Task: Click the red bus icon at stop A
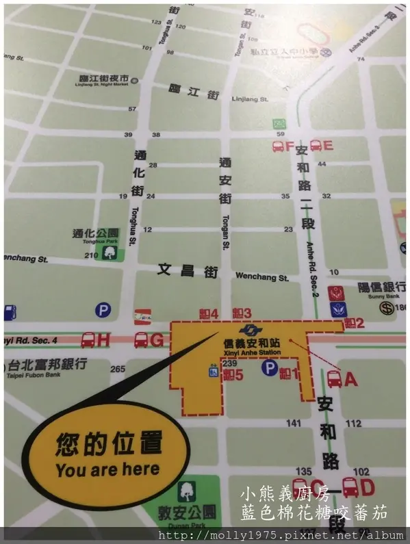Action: [x=334, y=377]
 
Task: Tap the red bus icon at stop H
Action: [x=88, y=339]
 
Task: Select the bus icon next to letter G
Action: [x=141, y=339]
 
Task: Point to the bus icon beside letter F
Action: [x=279, y=146]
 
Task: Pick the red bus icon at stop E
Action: [x=316, y=145]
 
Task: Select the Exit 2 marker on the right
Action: [x=354, y=322]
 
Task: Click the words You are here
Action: [x=107, y=469]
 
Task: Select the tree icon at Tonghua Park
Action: [x=110, y=252]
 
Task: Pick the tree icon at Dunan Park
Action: [x=186, y=491]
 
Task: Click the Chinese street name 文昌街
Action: [x=182, y=270]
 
